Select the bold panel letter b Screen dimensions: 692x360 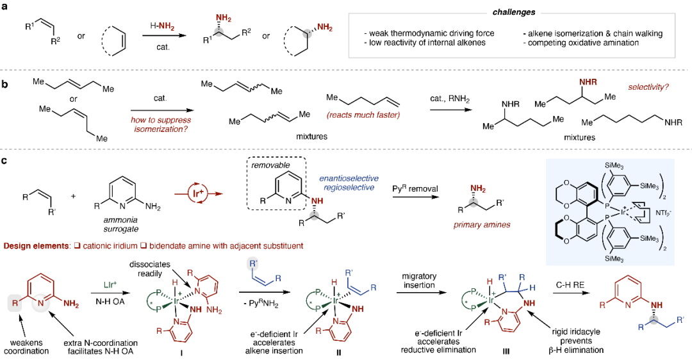point(4,84)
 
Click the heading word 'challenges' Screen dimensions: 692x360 point(514,12)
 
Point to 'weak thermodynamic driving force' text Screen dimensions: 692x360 point(432,33)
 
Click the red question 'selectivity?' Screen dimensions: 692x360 point(648,87)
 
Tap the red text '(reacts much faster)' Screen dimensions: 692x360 point(363,115)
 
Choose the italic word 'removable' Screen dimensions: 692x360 point(270,165)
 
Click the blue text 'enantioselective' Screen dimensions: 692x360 point(349,178)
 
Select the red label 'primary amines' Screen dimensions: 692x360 point(481,225)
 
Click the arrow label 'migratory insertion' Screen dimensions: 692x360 point(419,281)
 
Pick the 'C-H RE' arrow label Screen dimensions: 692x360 point(570,285)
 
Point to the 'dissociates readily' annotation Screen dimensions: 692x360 point(149,269)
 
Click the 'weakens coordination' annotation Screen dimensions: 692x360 point(26,347)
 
